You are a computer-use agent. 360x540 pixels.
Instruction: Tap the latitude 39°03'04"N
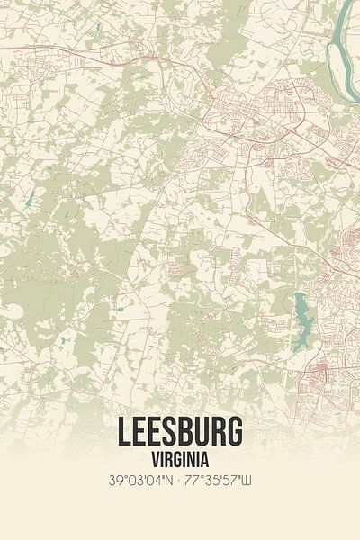pos(139,480)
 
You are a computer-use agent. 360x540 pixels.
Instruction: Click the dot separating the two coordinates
pos(179,480)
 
